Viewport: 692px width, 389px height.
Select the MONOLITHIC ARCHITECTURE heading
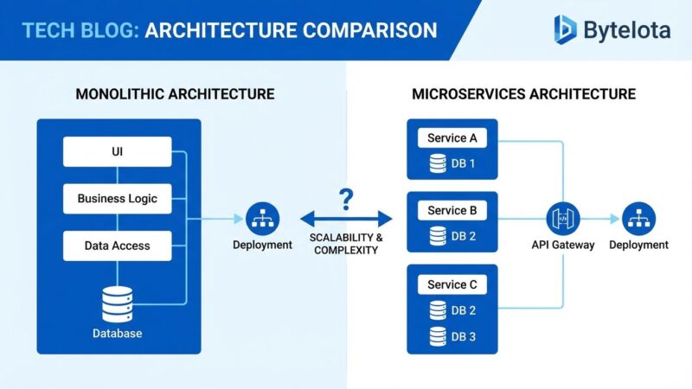pos(176,93)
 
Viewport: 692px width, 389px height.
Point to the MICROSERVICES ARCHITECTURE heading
pos(523,93)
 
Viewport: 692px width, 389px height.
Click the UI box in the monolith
pos(117,152)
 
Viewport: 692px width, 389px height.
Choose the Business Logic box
pos(117,198)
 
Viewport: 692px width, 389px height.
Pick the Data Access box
pos(117,246)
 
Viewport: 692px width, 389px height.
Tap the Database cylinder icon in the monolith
pos(118,303)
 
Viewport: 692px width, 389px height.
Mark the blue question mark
pos(346,201)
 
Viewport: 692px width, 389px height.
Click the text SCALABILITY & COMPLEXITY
pos(346,244)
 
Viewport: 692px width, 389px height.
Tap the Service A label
pos(452,138)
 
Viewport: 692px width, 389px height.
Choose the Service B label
pos(452,211)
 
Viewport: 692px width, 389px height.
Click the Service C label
pos(452,284)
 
